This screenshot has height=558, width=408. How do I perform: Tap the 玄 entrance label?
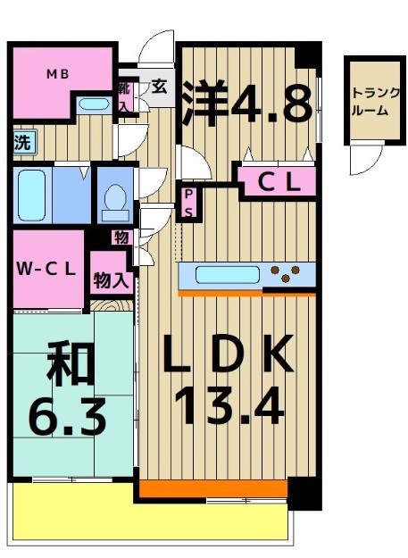tap(159, 87)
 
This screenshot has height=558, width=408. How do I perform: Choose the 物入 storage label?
tap(112, 280)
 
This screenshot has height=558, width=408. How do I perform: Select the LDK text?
tap(228, 356)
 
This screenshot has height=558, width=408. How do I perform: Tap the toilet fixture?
tap(115, 199)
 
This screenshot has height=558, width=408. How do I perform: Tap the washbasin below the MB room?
tap(92, 104)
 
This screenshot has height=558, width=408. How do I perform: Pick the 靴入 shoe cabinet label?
tap(124, 95)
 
